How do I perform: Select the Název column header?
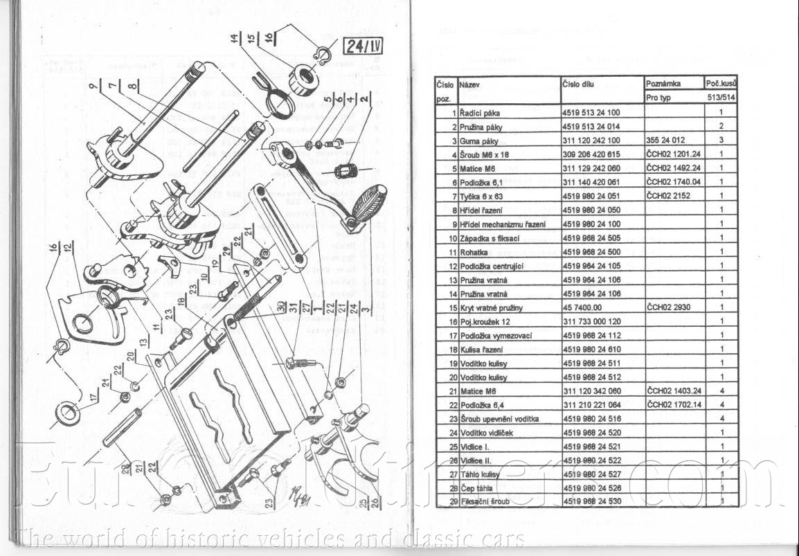coord(469,84)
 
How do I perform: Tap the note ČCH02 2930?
coord(668,307)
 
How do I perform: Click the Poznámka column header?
coord(663,84)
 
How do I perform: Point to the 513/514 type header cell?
coord(721,98)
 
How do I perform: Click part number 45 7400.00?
coord(582,307)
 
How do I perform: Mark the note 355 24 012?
coord(665,141)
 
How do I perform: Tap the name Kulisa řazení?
coord(481,350)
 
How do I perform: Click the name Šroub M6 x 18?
coord(483,154)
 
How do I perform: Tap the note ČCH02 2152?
coord(668,196)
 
